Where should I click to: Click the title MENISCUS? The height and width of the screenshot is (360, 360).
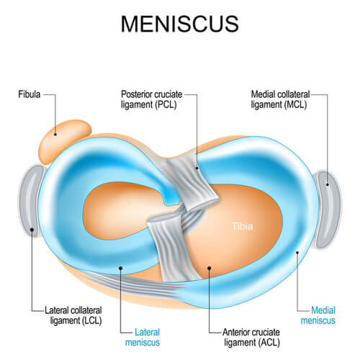[179, 23]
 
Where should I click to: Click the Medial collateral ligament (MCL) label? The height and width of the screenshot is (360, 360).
[287, 99]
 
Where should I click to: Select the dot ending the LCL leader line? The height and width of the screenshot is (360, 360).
[33, 231]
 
